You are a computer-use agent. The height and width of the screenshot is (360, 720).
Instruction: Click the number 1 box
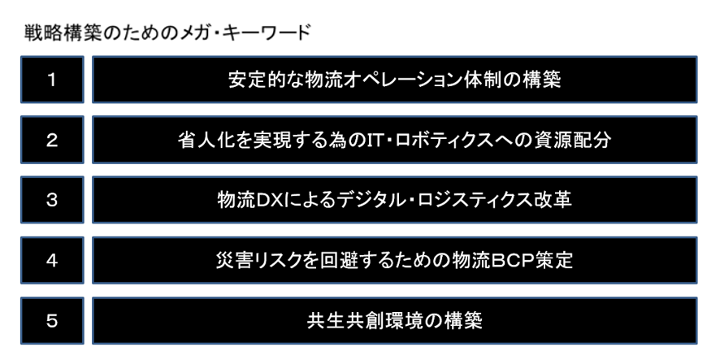50,80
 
